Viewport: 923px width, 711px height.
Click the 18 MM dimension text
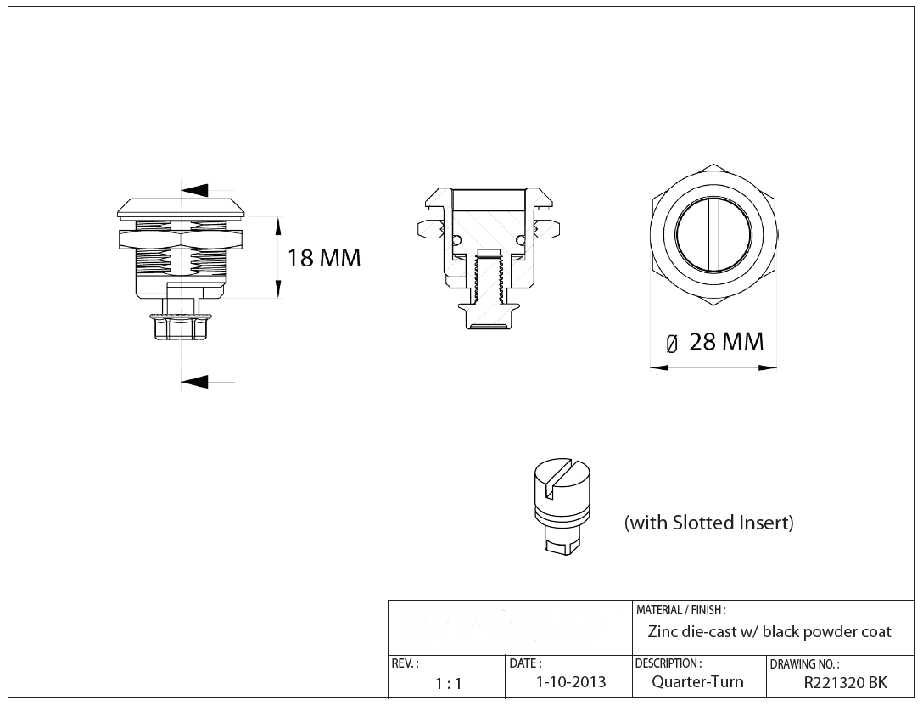point(324,258)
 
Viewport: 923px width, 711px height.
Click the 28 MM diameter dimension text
point(726,342)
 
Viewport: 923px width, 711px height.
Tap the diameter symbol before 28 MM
point(672,344)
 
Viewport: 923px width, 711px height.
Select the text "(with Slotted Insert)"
point(708,523)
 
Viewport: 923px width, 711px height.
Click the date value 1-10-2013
point(571,682)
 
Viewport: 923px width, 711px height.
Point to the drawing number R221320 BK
point(845,682)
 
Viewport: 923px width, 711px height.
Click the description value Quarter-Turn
point(697,682)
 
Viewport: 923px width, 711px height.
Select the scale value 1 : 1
point(448,684)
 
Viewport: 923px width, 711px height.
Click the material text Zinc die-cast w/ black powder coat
point(769,632)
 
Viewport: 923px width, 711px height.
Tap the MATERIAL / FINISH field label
point(680,610)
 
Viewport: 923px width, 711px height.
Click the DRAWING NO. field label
point(804,664)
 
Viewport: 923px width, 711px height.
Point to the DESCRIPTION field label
point(668,663)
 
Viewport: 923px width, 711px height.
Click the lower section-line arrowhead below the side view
point(194,383)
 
